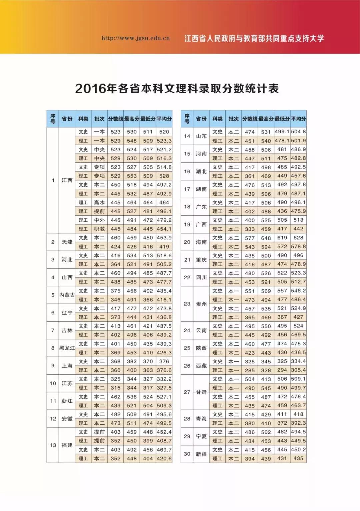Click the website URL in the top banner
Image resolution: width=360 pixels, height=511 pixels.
[136, 38]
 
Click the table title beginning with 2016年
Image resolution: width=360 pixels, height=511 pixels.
[177, 89]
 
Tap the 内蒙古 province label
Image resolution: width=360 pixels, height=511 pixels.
[67, 295]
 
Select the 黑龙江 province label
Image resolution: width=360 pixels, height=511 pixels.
[67, 348]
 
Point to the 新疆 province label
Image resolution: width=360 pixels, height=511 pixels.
[201, 454]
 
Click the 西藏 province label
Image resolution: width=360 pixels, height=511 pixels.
[201, 366]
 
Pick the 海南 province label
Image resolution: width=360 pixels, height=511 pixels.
[201, 242]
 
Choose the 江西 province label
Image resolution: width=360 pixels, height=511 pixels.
[67, 180]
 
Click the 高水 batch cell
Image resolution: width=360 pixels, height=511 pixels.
[99, 202]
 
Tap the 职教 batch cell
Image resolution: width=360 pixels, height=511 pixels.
[99, 229]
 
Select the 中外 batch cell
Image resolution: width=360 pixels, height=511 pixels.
[99, 220]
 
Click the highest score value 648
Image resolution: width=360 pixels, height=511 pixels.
[266, 238]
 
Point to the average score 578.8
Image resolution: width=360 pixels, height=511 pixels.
[298, 247]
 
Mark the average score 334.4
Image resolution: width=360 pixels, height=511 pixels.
[298, 361]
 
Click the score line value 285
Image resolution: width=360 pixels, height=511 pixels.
[250, 370]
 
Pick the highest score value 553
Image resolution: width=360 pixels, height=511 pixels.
[132, 176]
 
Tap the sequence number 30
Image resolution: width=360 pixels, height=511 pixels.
[187, 454]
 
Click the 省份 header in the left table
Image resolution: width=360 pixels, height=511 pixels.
[67, 119]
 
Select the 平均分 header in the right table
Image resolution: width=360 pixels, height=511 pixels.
[298, 119]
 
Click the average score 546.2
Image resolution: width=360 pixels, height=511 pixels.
[298, 291]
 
